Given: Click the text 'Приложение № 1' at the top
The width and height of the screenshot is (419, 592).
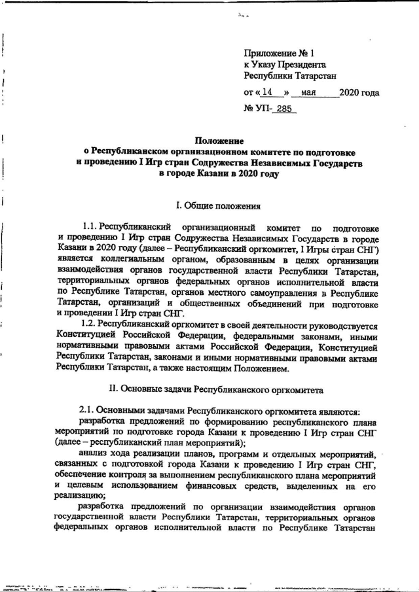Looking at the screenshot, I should [x=280, y=54].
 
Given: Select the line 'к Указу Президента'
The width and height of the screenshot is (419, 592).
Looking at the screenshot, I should [x=285, y=65].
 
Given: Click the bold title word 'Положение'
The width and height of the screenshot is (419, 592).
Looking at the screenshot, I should [x=219, y=141].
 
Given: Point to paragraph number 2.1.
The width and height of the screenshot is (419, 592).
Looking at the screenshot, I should [x=91, y=411].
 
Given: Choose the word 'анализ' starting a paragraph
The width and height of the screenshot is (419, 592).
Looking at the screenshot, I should [x=94, y=454].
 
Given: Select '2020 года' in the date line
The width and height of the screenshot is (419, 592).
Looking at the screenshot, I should [x=359, y=93].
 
